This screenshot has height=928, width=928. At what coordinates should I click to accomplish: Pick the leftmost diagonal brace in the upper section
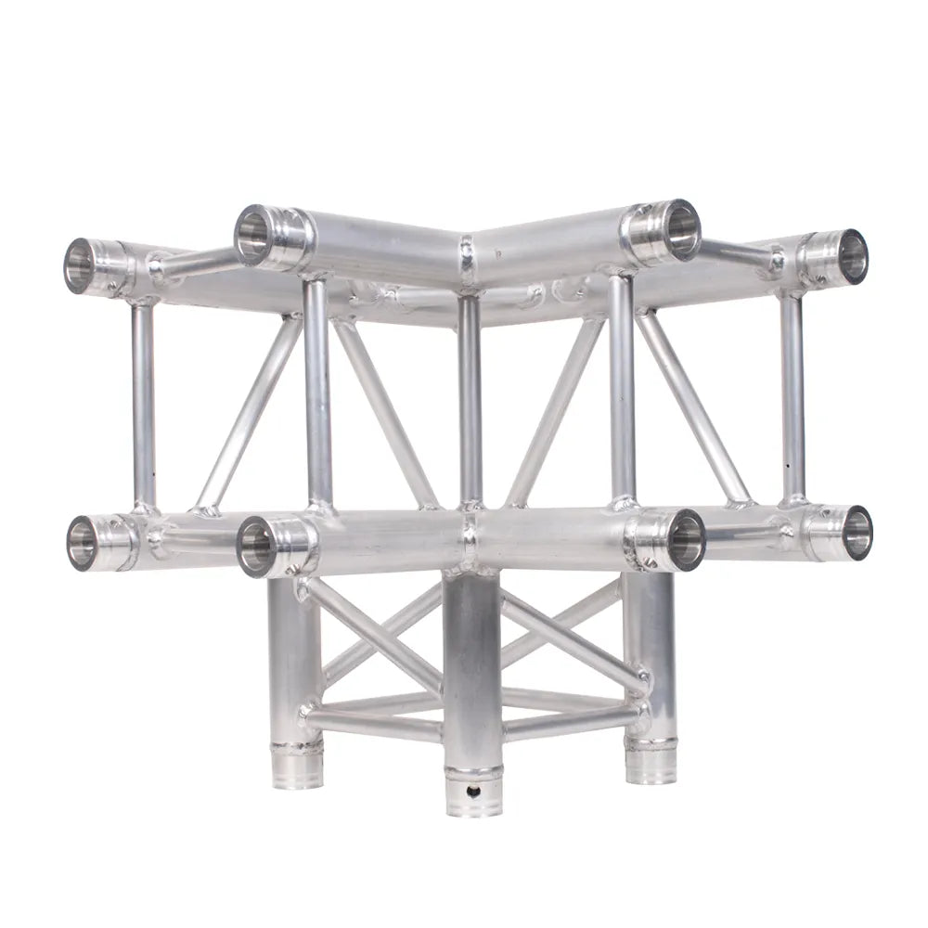249,413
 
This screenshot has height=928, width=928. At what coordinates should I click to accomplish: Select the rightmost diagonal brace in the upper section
693,408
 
